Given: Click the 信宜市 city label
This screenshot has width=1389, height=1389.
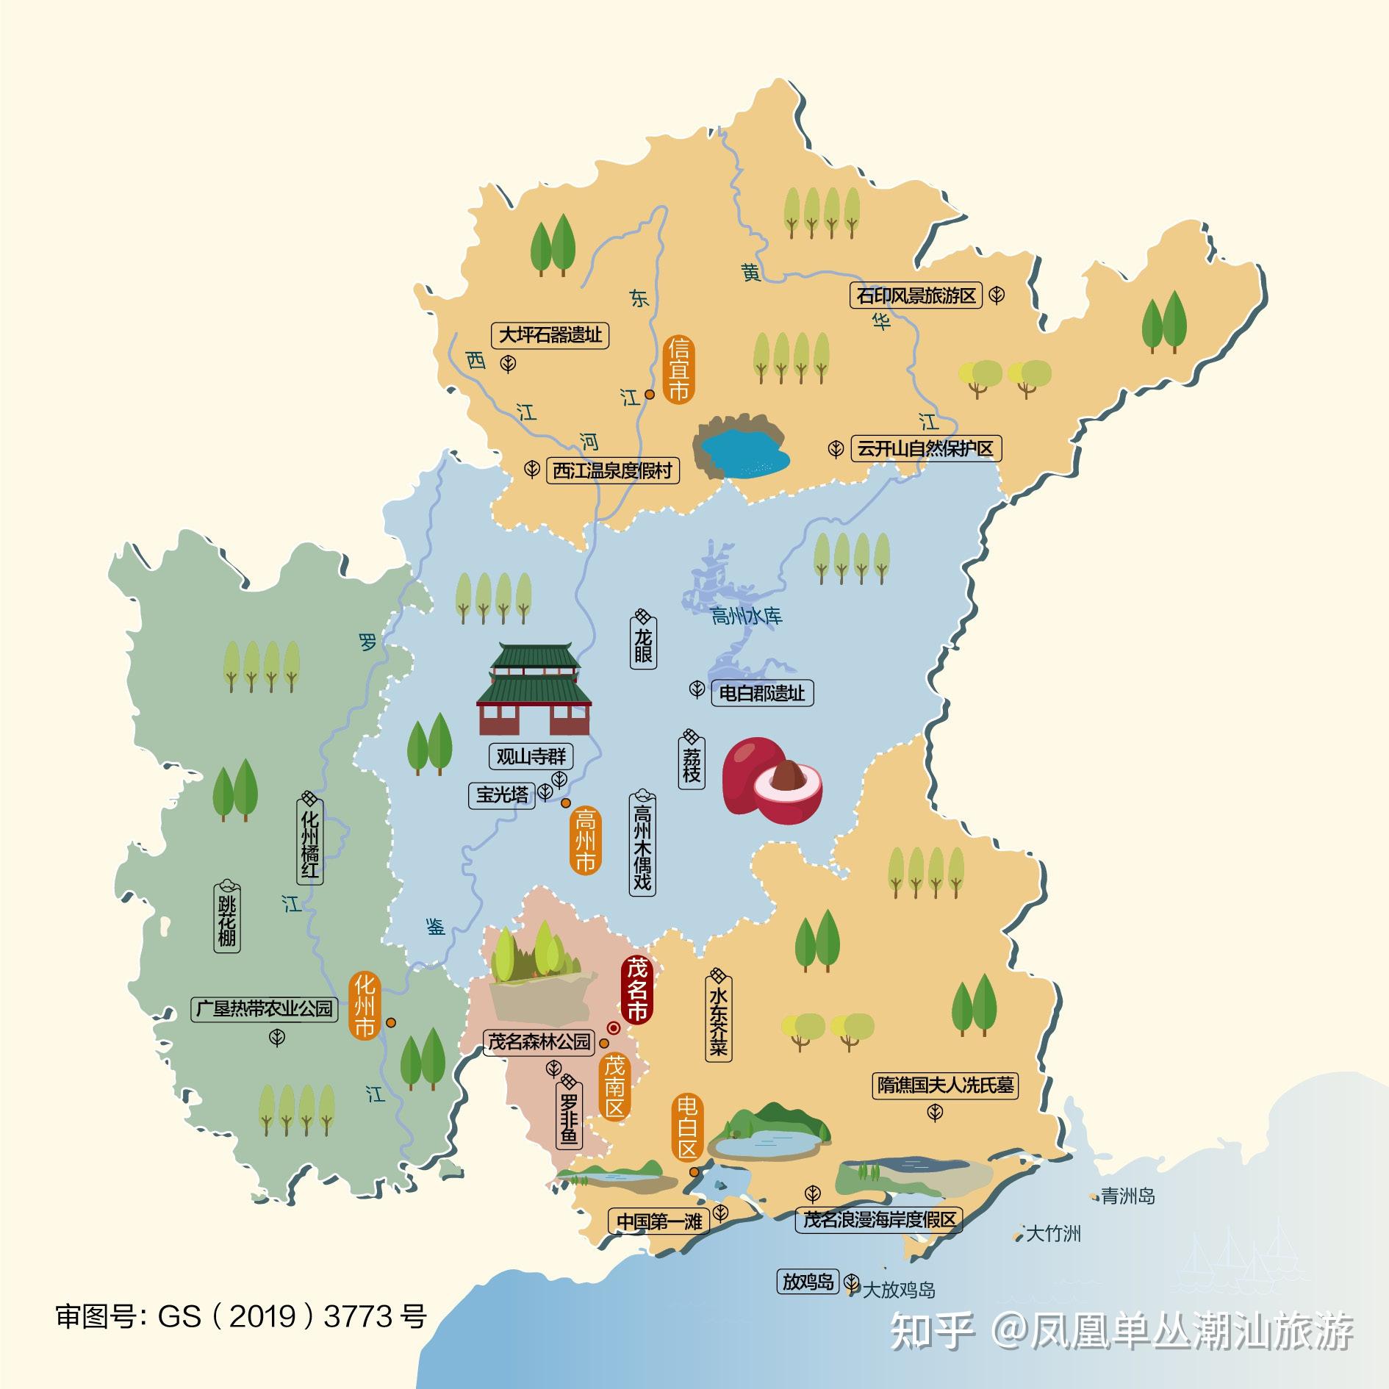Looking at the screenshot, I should pos(678,370).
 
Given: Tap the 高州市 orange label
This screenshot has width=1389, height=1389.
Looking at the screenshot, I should pos(585,840).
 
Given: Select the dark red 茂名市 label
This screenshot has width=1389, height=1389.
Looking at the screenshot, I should pos(636,989).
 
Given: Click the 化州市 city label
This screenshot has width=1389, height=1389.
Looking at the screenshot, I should pos(365,1005).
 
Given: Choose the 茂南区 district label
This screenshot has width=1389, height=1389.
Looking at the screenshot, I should pos(614,1085).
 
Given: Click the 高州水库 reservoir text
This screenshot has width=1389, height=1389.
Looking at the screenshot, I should pos(747,616).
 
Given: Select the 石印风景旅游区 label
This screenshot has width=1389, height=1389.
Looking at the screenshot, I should pos(916,295).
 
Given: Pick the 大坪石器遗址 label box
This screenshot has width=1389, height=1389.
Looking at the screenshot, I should pos(550,335).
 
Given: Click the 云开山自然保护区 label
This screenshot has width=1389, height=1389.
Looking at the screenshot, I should pos(925,448).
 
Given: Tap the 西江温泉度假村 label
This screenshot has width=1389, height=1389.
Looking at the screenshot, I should pos(612,470).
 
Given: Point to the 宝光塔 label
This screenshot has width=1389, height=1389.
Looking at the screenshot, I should pos(503,794).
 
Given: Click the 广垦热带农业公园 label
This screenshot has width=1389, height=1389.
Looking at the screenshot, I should pos(264,1008).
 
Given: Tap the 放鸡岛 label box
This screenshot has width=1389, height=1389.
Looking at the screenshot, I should pos(808,1282).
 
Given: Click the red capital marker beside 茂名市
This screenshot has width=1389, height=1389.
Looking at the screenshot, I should pos(613,1028).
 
